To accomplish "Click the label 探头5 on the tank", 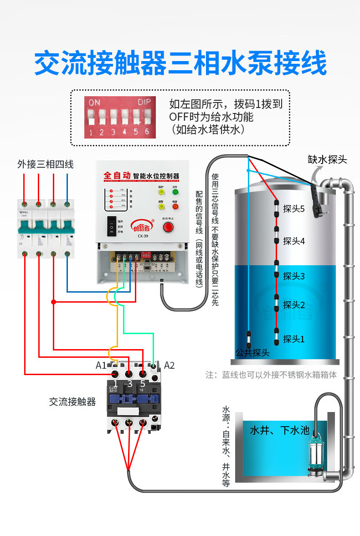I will (x=293, y=209).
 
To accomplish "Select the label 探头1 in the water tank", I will (x=293, y=339).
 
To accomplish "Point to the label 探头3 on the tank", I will (x=293, y=276).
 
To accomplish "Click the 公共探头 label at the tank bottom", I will (x=252, y=352).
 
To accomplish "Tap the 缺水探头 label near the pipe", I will (x=327, y=160).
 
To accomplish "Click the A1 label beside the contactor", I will (x=101, y=365).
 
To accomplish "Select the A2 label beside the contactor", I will (x=169, y=365).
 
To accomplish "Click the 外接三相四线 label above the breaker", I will (x=46, y=164).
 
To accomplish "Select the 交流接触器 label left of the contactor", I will (x=72, y=402).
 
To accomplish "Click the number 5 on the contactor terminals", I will (x=143, y=384).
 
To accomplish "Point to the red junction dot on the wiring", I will (x=53, y=302).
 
